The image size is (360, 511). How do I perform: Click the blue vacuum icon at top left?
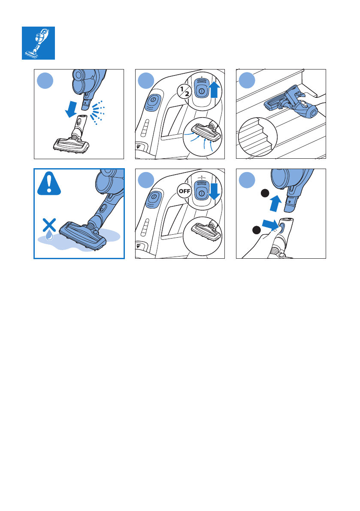[x=38, y=43]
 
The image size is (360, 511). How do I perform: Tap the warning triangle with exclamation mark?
[x=49, y=184]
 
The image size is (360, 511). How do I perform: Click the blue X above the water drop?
[x=49, y=224]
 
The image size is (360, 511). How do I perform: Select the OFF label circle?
[x=185, y=191]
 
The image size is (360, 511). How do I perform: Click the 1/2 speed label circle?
[x=185, y=91]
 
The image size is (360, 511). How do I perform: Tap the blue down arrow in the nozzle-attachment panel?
[x=71, y=109]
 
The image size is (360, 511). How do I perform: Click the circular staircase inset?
[x=258, y=137]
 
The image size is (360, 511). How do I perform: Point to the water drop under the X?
[x=49, y=236]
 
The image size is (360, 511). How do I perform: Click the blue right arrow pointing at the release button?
[x=270, y=224]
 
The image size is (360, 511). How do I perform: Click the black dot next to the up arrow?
[x=265, y=193]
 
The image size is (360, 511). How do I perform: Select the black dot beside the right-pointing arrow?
[x=257, y=230]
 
